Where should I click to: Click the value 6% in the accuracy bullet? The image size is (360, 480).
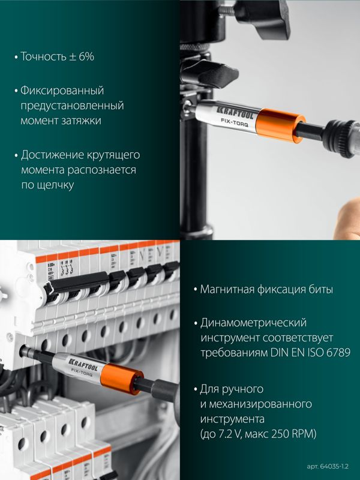(x=86, y=56)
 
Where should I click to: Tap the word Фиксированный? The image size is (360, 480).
(x=62, y=91)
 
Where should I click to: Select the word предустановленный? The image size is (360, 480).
(x=72, y=106)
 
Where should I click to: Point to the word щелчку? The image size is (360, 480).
(x=56, y=185)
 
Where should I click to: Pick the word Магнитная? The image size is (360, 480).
(x=227, y=289)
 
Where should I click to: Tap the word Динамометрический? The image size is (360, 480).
(x=253, y=323)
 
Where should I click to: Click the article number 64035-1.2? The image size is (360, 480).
(x=334, y=467)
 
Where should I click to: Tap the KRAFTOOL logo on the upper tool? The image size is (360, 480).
(x=235, y=113)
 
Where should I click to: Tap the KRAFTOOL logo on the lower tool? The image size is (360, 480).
(x=83, y=364)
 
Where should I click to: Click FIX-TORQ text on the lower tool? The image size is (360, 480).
(x=82, y=373)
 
